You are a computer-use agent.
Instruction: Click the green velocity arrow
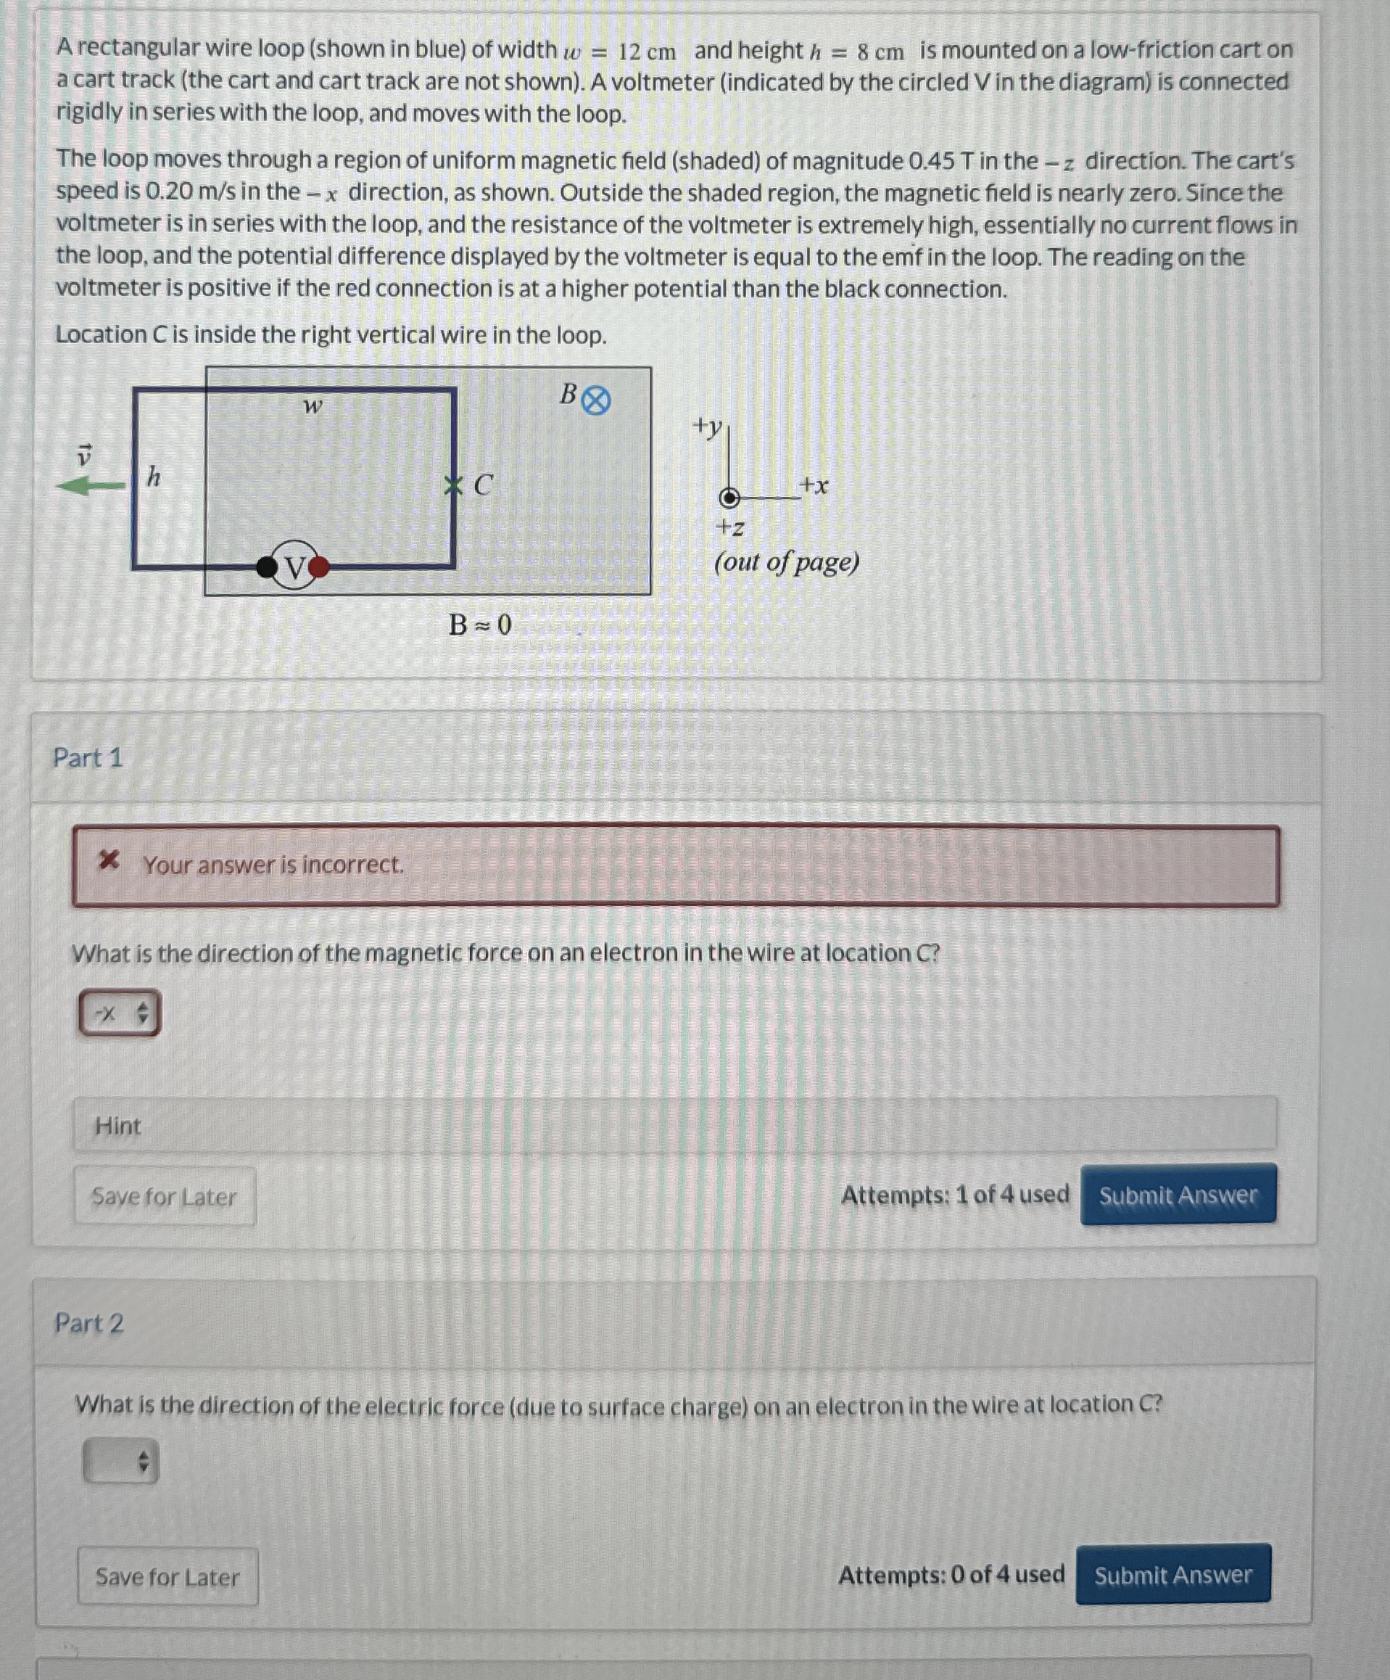click(x=91, y=485)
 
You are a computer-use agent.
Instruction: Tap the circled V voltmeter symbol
click(x=294, y=567)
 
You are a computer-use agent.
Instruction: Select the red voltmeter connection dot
click(x=319, y=567)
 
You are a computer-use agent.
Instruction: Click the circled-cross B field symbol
click(x=595, y=401)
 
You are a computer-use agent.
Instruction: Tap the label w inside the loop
click(x=312, y=407)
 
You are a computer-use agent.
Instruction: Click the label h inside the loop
click(x=154, y=477)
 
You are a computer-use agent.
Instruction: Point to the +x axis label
click(x=814, y=485)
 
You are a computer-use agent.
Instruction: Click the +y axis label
click(x=708, y=427)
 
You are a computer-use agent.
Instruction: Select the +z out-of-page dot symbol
click(x=729, y=498)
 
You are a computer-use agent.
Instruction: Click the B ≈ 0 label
click(x=480, y=624)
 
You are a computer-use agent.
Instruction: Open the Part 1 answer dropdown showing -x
click(x=119, y=1013)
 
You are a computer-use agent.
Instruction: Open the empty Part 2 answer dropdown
click(x=121, y=1462)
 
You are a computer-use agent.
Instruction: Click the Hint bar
click(x=674, y=1126)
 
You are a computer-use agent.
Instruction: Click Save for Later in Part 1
click(x=165, y=1197)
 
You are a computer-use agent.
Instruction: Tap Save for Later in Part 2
click(x=168, y=1577)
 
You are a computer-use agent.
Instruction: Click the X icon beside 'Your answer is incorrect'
click(x=109, y=862)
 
